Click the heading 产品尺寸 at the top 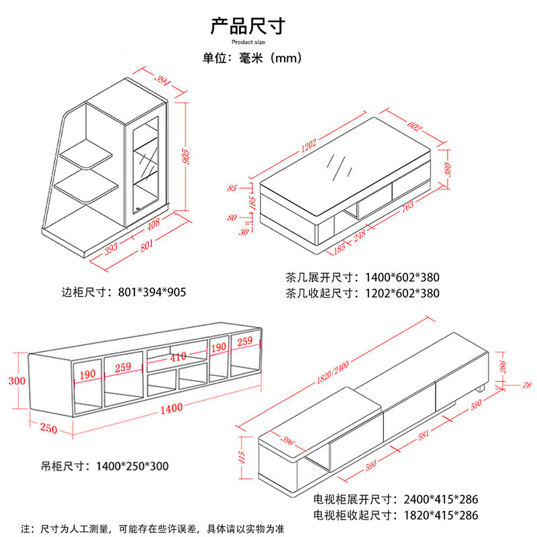[248, 26]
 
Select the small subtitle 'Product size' [249, 42]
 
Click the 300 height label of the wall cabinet [16, 381]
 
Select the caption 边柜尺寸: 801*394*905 [124, 292]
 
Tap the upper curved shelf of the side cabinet [87, 154]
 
